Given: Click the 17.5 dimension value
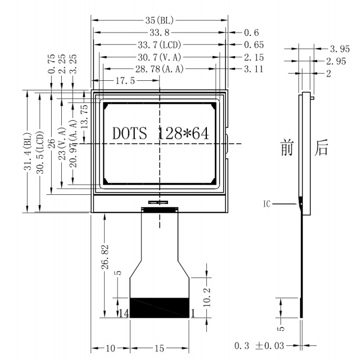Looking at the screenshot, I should (x=125, y=81).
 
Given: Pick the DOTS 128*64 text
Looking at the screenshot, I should (x=160, y=134).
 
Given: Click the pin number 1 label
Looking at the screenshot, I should (x=193, y=313).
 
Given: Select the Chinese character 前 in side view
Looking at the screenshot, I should (x=287, y=148).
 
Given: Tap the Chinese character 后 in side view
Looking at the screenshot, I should (x=322, y=148).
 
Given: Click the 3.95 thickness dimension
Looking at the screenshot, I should (x=340, y=49).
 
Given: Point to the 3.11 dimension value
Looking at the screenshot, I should (x=251, y=69).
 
